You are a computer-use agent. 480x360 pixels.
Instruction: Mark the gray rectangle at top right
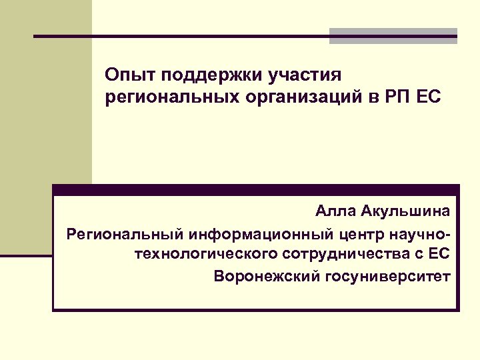pyautogui.click(x=393, y=37)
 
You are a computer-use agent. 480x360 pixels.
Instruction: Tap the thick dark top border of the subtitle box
pyautogui.click(x=256, y=189)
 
